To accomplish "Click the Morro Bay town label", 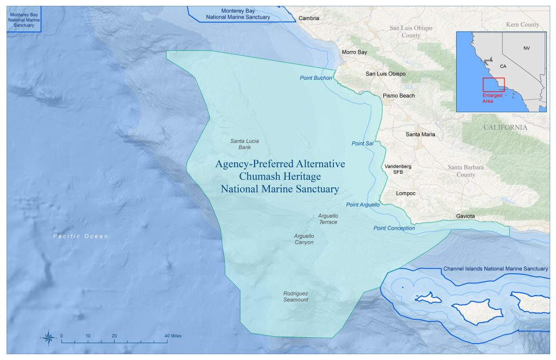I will [x=354, y=53].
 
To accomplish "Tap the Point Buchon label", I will [x=315, y=78].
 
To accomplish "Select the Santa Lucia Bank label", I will [x=244, y=144].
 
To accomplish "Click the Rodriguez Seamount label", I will [x=295, y=296].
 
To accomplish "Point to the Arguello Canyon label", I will [x=304, y=239].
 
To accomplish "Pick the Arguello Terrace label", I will [x=327, y=219].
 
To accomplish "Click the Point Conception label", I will [x=394, y=228].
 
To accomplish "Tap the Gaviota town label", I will [x=465, y=216].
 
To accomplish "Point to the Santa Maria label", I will [x=420, y=134].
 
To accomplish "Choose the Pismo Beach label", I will [x=399, y=96].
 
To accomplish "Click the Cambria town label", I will [x=308, y=18].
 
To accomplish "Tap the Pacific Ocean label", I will [x=80, y=236].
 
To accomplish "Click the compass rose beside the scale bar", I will [x=48, y=337].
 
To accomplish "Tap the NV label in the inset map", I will [x=526, y=48].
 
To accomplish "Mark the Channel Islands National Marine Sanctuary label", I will [x=495, y=269].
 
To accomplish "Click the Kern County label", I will [x=522, y=24].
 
